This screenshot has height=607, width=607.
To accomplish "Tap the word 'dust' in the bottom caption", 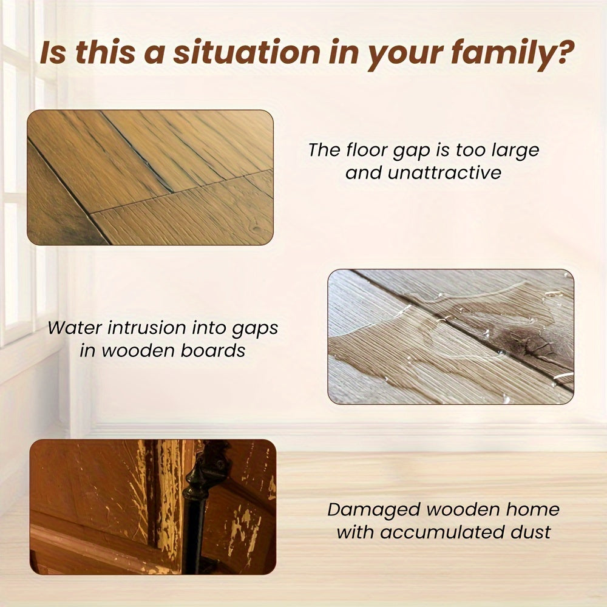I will [x=530, y=533].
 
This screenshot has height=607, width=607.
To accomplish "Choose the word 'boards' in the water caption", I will [x=214, y=351].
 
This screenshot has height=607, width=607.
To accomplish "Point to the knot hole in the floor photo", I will [x=257, y=231].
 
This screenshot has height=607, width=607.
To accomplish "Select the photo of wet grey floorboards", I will [x=450, y=337].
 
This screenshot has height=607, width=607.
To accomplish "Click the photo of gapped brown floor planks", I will [x=150, y=177].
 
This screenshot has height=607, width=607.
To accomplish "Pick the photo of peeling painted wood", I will [x=152, y=507].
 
